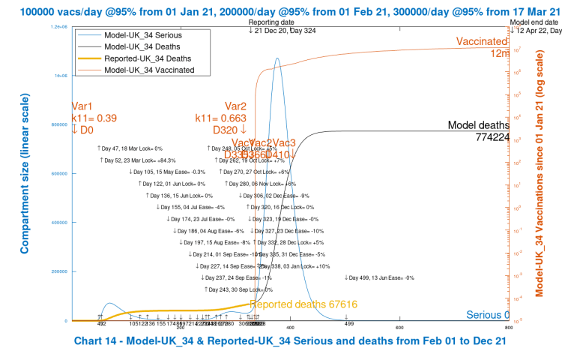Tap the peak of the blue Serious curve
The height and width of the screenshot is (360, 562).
click(277, 58)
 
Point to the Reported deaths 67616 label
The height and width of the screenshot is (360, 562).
click(302, 304)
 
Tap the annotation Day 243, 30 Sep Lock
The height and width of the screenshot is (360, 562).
click(238, 289)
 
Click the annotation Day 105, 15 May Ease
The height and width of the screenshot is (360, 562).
click(167, 172)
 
